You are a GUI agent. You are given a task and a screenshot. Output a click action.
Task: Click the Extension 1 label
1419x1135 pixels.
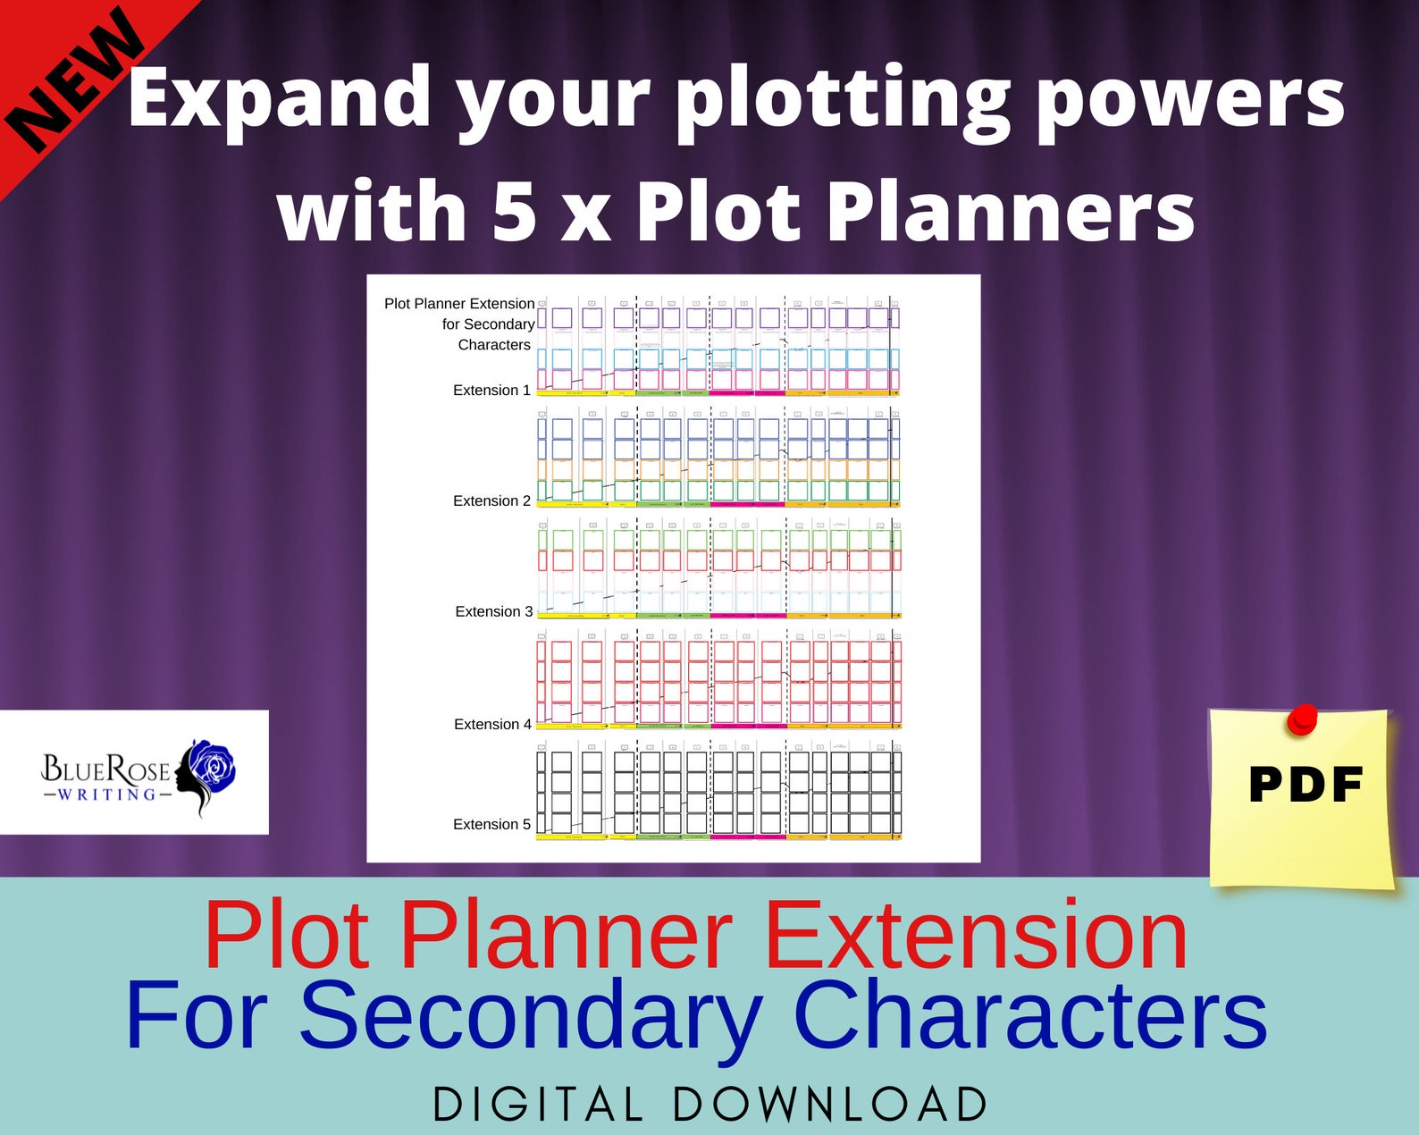coord(491,391)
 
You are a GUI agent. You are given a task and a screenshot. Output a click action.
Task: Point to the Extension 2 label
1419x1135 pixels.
coord(491,501)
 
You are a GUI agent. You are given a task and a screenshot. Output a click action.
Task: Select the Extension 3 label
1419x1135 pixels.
coord(493,612)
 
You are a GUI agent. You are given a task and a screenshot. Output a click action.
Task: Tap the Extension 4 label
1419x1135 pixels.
coord(492,725)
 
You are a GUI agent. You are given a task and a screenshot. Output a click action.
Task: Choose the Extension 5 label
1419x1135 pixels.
coord(491,825)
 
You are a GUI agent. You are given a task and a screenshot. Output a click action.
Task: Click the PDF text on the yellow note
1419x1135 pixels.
coord(1305,786)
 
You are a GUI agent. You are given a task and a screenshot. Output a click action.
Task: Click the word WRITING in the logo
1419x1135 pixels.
coord(106,794)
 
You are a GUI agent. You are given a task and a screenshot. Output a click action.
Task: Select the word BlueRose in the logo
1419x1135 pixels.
coord(105,769)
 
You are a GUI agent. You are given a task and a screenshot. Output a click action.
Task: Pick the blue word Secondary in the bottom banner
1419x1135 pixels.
coord(530,1016)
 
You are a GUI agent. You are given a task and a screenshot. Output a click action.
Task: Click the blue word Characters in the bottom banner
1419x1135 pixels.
coord(1029,1016)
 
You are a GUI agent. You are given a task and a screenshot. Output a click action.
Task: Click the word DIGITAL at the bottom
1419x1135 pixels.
coord(538,1105)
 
